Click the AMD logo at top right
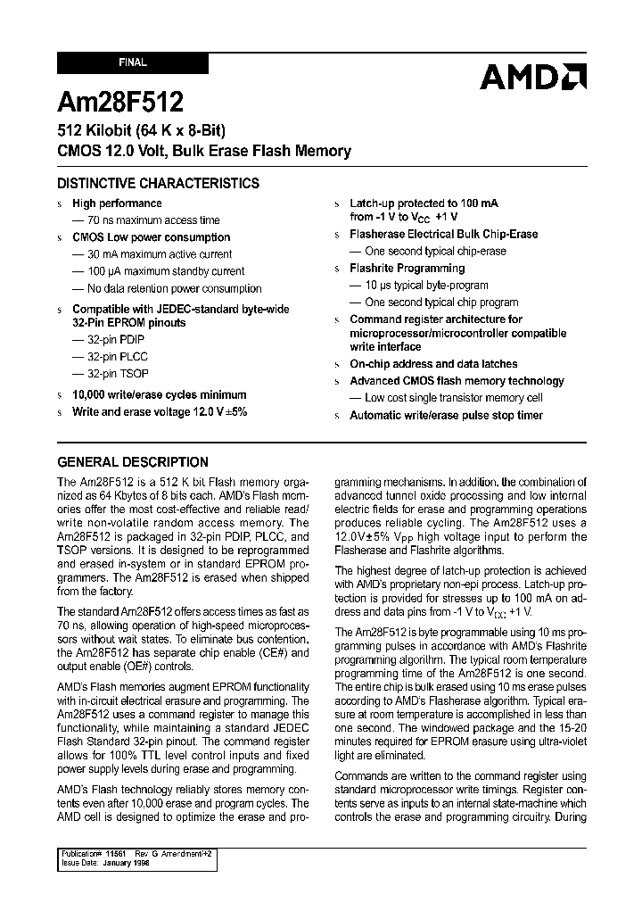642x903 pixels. point(532,77)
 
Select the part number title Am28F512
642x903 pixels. point(121,102)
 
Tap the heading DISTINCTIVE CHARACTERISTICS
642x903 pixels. point(159,184)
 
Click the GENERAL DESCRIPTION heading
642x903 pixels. point(133,462)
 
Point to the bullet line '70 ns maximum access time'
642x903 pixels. point(152,220)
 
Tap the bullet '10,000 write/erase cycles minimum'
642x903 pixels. point(160,394)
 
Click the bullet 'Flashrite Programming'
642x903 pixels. point(407,269)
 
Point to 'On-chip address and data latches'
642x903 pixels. point(433,364)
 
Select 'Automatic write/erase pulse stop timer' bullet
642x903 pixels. point(446,416)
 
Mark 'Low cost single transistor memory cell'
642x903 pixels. point(453,398)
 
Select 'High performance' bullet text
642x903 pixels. point(117,203)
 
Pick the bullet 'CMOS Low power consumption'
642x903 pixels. point(151,237)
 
